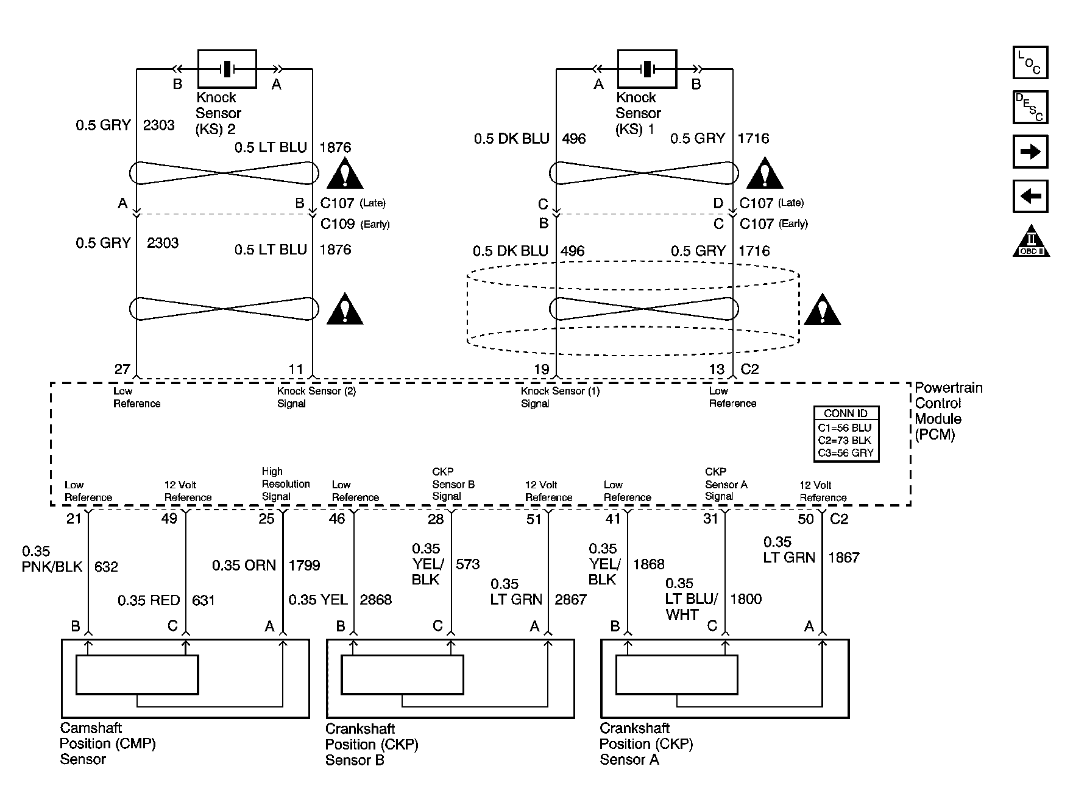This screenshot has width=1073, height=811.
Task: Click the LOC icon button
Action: pos(1030,63)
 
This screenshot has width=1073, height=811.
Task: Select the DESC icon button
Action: pos(1030,107)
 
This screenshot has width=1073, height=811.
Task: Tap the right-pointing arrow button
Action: pos(1030,152)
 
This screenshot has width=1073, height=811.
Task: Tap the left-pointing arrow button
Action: pos(1030,196)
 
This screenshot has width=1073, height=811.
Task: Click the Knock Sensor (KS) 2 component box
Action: pos(227,69)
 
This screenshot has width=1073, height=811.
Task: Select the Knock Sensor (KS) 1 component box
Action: pos(646,69)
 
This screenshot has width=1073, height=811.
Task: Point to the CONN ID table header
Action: pos(846,413)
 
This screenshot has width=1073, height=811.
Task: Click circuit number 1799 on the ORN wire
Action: pos(304,566)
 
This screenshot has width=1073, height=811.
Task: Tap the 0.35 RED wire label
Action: pos(149,600)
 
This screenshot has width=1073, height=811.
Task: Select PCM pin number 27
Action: pos(122,369)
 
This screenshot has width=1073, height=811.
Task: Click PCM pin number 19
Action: pos(542,369)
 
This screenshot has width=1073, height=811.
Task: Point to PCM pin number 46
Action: pos(337,519)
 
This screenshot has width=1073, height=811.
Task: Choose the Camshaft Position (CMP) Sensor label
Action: pos(108,743)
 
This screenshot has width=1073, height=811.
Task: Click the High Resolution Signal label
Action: pos(286,484)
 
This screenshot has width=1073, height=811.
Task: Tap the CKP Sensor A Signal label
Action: pos(726,484)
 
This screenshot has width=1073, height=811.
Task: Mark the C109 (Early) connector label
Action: pos(355,224)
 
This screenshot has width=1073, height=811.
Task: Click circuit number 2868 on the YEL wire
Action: pos(376,600)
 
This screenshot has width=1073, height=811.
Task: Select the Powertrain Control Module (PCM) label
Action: pos(949,411)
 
